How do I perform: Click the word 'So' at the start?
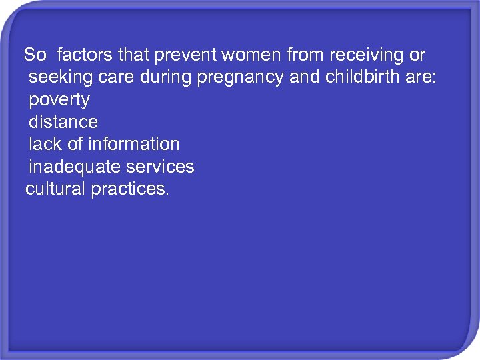(35, 55)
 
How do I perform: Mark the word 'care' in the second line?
(112, 77)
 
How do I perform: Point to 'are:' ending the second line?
(420, 77)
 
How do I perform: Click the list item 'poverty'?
(59, 101)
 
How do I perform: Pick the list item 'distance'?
(63, 122)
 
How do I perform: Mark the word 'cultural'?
(55, 189)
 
